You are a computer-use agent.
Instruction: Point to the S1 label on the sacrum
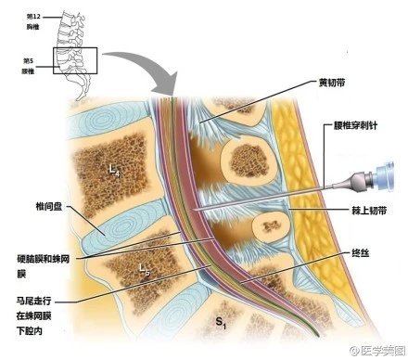pos(221,322)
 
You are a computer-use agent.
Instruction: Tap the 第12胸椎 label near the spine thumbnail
pos(33,23)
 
